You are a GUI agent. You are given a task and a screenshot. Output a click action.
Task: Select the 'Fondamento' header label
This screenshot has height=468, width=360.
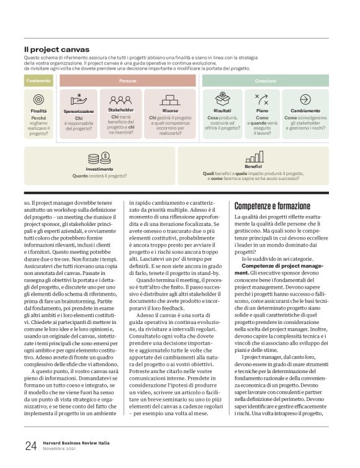(38, 81)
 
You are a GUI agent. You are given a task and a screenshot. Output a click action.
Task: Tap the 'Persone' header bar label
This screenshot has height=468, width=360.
(128, 81)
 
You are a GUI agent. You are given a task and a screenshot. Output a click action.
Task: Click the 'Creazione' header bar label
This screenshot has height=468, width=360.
(266, 81)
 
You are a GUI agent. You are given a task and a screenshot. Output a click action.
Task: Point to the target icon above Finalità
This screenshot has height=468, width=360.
(38, 99)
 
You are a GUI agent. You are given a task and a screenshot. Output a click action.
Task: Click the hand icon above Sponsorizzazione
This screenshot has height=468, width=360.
(78, 98)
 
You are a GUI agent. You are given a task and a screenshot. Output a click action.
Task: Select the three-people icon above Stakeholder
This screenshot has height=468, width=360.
(120, 98)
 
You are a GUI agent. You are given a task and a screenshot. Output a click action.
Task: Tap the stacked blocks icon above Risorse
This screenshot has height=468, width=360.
(169, 98)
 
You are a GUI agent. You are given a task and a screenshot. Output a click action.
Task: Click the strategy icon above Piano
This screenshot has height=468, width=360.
(262, 98)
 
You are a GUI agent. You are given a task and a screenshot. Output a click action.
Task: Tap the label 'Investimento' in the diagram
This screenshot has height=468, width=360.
(99, 169)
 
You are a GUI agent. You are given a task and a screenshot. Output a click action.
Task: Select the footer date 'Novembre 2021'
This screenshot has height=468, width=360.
(59, 449)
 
